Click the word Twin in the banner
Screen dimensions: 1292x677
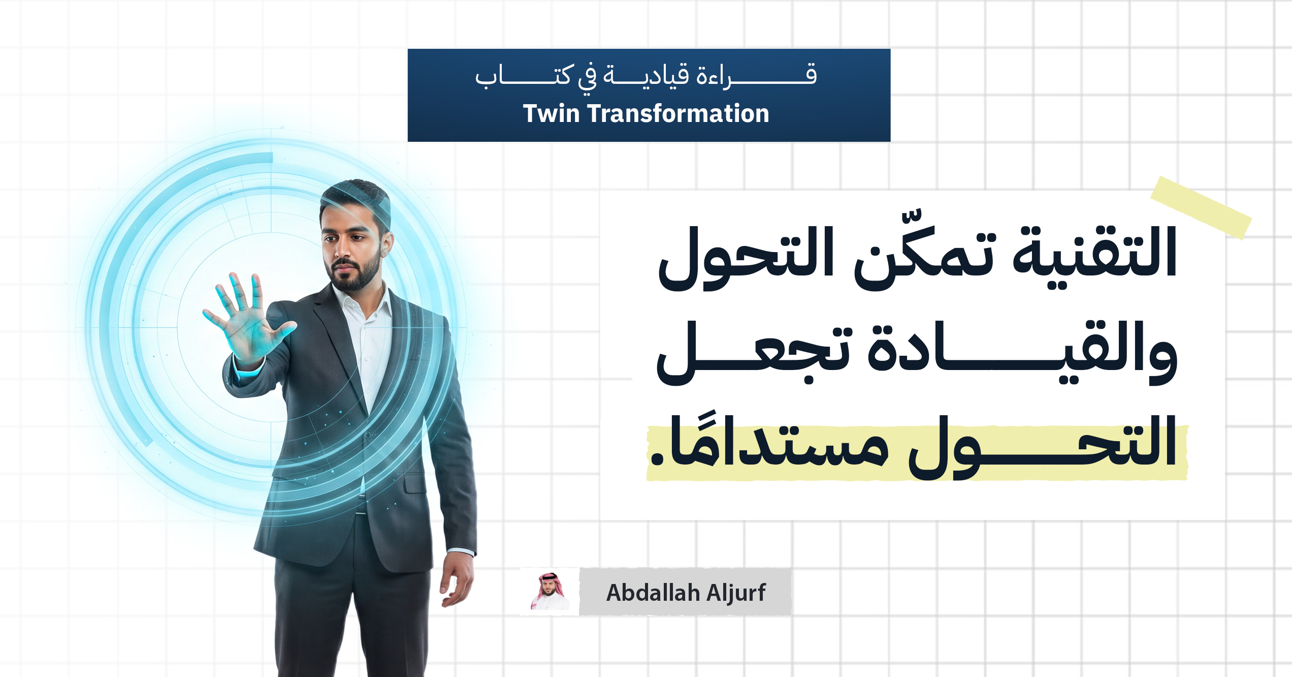[551, 113]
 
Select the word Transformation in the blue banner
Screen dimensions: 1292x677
[679, 113]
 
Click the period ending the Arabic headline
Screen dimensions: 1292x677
[657, 458]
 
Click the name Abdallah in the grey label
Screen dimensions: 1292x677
[653, 592]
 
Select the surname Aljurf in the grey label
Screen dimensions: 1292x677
[736, 592]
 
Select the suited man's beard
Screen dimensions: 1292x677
[356, 272]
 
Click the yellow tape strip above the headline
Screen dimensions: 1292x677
[1201, 208]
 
